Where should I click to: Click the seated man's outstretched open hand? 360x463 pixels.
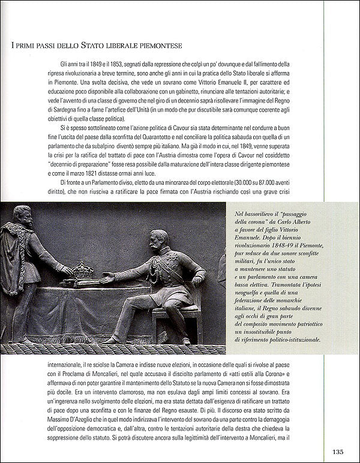click(107, 279)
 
